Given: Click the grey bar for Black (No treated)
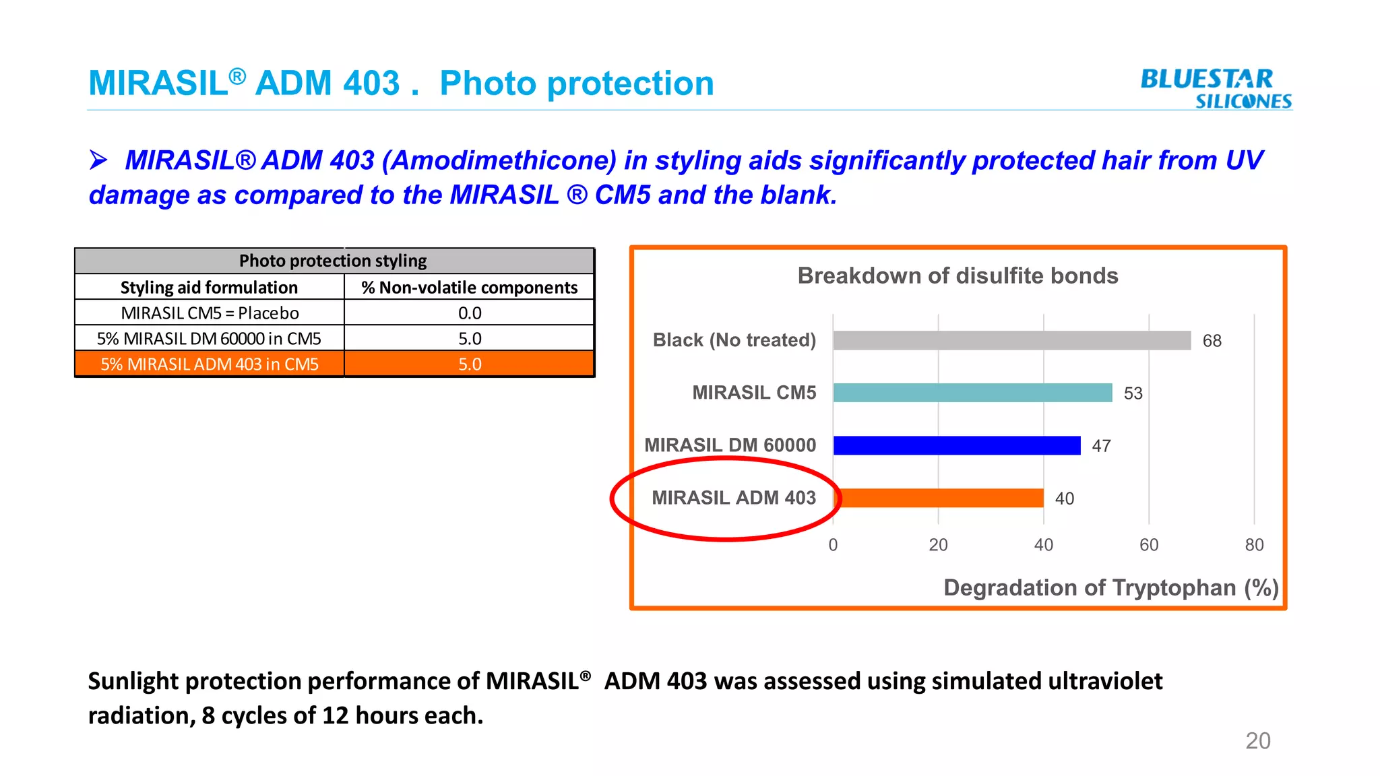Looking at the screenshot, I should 1011,340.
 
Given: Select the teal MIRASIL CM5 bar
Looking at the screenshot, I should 972,393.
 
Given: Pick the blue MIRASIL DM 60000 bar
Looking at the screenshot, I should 956,445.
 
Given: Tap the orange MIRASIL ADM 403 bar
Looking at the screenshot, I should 939,498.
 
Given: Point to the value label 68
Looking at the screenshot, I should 1212,341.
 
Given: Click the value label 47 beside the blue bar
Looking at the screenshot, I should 1101,446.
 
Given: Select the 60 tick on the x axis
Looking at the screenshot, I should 1149,545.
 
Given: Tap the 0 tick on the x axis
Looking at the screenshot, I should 833,545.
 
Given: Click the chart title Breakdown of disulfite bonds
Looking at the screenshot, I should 957,276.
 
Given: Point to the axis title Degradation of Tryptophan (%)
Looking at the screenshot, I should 1110,587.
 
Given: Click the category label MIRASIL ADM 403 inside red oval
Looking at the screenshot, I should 733,498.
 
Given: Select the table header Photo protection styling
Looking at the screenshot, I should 333,261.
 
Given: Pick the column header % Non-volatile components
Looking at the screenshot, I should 469,288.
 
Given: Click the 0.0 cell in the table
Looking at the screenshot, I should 469,313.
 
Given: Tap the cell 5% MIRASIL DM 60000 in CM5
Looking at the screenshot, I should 209,339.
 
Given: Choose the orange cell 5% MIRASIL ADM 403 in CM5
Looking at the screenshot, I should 209,364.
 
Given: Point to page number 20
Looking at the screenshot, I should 1257,740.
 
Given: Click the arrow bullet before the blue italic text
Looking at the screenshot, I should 98,160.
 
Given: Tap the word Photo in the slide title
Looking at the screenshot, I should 487,84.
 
